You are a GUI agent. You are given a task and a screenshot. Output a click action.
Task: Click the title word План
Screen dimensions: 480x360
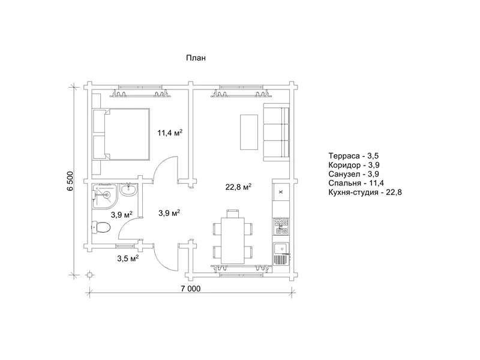(196, 58)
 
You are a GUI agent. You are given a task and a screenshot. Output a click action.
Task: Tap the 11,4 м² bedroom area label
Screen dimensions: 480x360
(170, 133)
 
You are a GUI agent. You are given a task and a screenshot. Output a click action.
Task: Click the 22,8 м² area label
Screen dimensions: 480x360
(238, 187)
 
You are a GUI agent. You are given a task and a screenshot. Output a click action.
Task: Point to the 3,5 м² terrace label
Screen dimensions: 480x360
(128, 259)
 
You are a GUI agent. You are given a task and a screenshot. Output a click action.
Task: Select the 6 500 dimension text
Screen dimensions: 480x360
(70, 181)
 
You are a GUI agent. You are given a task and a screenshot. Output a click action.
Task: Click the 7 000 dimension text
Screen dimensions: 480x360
(190, 289)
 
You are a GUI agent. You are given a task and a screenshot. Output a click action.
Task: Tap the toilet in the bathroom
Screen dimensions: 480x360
(101, 227)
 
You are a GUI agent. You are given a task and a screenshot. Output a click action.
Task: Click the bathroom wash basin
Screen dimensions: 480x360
(128, 190)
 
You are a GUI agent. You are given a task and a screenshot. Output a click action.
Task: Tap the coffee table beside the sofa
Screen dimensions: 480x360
(249, 132)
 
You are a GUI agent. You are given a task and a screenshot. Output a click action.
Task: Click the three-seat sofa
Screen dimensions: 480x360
(277, 132)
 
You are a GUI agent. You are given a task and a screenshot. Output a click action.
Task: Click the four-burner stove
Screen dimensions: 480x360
(281, 227)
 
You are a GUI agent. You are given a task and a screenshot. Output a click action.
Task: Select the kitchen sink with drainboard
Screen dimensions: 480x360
(281, 254)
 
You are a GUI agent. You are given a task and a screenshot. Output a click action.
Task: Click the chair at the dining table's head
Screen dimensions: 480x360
(233, 214)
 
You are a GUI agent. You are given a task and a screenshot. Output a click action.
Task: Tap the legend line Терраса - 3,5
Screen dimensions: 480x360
(353, 156)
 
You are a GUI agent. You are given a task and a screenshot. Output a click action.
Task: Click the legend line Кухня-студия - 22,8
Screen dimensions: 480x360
(365, 192)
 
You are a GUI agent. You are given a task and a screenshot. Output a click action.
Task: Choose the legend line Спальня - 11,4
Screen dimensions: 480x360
(356, 183)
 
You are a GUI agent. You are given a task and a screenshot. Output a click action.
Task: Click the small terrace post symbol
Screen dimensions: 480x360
(89, 275)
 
